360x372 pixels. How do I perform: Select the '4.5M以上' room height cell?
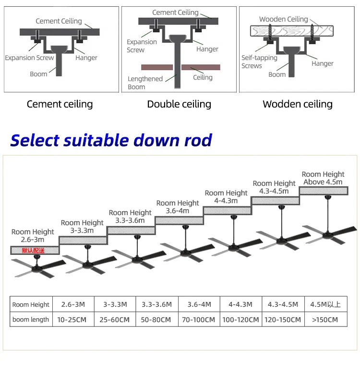[x=325, y=304]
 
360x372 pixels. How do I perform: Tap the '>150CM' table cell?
[x=325, y=319]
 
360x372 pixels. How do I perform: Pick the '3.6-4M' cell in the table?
[x=199, y=304]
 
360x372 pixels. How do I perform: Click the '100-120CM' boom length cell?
[x=241, y=319]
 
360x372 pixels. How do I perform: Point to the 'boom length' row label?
[x=31, y=319]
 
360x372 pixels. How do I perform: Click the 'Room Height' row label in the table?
[x=31, y=304]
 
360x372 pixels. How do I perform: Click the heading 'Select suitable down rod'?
[x=111, y=140]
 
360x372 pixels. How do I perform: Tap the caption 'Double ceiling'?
[x=179, y=104]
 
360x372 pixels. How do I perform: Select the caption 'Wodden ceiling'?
[x=298, y=104]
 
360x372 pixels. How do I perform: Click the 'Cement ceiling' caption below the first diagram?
[x=60, y=104]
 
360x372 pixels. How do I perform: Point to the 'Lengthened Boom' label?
[x=145, y=83]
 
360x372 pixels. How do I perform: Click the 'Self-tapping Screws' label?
[x=259, y=61]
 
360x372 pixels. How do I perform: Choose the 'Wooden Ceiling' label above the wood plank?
[x=284, y=19]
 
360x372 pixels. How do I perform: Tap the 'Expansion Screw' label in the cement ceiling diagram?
[x=29, y=58]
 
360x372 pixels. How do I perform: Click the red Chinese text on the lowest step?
[x=33, y=250]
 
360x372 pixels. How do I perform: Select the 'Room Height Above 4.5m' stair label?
[x=323, y=178]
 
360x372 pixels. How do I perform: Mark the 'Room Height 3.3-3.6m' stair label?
[x=130, y=216]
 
